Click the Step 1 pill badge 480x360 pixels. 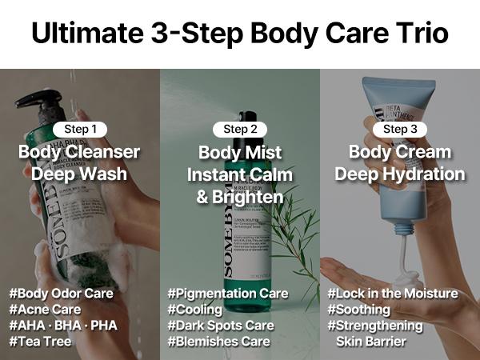[79, 129]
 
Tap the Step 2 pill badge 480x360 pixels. [240, 129]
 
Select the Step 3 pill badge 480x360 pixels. [400, 129]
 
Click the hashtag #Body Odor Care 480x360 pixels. [62, 294]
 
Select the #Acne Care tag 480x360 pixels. [45, 310]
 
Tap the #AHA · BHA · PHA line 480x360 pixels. [62, 326]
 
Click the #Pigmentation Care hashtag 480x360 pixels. [228, 294]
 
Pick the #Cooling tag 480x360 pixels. [196, 310]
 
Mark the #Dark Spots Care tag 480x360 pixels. [221, 326]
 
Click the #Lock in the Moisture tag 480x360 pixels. [393, 294]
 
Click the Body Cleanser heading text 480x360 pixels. [79, 152]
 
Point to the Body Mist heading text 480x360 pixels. [240, 152]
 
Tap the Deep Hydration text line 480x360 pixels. [400, 174]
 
